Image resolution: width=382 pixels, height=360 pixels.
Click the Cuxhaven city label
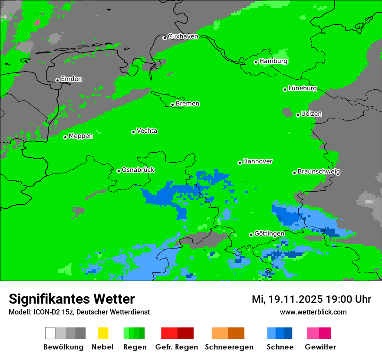pos(183,37)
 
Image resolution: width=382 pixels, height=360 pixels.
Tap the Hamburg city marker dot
pos(256,62)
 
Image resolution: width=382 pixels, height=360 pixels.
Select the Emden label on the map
pos(71,79)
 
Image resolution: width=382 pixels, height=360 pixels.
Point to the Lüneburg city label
pos(303,88)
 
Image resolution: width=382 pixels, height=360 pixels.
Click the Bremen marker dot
pos(172,105)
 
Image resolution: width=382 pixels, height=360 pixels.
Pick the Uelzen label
pos(311,114)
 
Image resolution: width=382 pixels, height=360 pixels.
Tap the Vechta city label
pos(147,131)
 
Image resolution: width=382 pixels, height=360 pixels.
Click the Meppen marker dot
pos(65,137)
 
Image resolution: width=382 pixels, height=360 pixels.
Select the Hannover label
pos(258,161)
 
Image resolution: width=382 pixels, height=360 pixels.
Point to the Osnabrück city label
pos(138,170)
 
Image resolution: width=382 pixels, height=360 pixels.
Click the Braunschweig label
pos(319,172)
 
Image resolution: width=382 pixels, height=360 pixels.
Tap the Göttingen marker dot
pos(251,235)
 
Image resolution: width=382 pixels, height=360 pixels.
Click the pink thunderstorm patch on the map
pos(37,22)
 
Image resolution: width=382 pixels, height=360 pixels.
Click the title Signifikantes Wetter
pos(72,299)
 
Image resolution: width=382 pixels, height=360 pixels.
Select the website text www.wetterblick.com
pos(313,312)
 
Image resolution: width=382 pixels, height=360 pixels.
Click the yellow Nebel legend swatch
pos(103,333)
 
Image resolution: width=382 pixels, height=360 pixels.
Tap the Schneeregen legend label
pos(229,347)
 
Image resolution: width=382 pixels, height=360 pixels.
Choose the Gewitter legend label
pos(320,347)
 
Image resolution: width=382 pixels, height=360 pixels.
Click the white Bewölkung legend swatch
pos(50,333)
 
